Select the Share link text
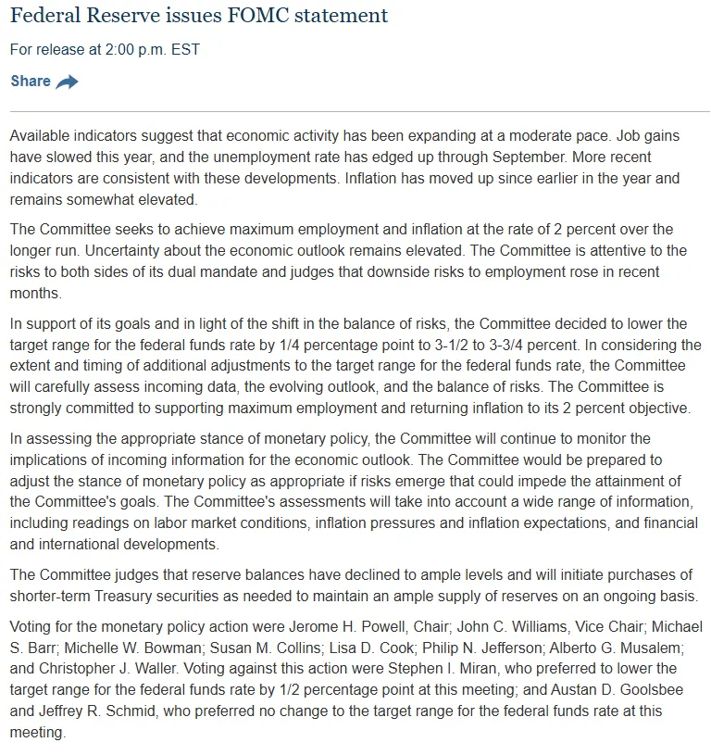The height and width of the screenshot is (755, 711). (31, 82)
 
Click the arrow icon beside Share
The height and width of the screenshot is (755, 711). (67, 82)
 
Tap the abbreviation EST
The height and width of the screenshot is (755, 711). (183, 49)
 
